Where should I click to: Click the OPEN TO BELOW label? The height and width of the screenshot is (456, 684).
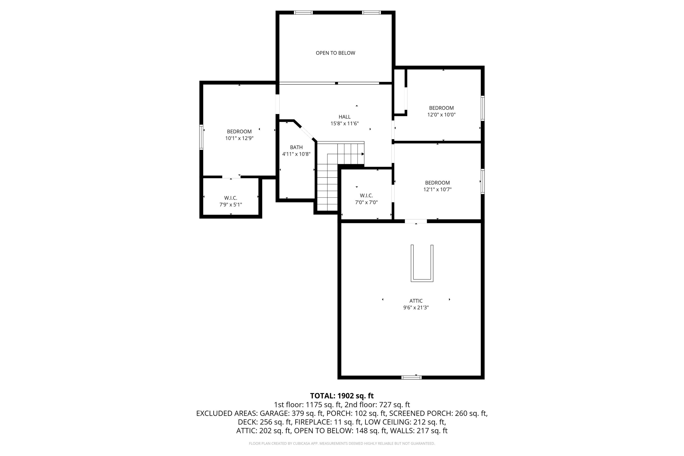[335, 53]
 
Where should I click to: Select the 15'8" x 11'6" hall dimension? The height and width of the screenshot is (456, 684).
[344, 124]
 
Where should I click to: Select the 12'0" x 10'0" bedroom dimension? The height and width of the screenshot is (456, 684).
[441, 115]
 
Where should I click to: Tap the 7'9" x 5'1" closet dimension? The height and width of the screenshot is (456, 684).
[230, 205]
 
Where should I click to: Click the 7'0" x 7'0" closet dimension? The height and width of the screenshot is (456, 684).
[366, 202]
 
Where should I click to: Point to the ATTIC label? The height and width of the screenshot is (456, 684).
[416, 301]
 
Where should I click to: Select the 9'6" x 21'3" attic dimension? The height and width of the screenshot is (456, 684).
[416, 308]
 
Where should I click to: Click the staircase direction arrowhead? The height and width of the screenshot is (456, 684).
[363, 154]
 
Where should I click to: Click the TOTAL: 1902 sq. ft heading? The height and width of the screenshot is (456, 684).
[342, 396]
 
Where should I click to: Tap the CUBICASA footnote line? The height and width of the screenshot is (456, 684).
[342, 443]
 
